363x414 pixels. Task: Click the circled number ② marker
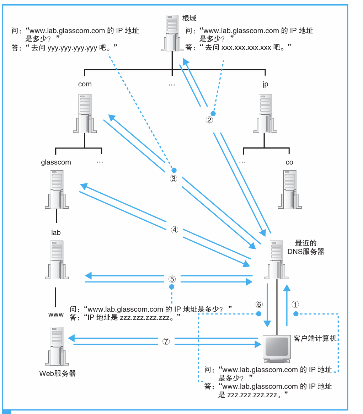click(x=209, y=120)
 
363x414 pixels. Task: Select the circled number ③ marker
click(x=174, y=178)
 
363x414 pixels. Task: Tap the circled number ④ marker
click(x=174, y=230)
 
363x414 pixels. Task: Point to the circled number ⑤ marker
click(x=172, y=278)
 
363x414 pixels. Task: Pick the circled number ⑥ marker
click(x=259, y=305)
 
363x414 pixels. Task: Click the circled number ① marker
click(x=295, y=305)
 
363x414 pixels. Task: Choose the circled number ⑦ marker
click(x=166, y=342)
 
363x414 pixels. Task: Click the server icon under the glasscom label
click(x=57, y=189)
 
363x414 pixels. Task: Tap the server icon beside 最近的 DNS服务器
click(x=277, y=259)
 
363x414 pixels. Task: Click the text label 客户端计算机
click(x=315, y=338)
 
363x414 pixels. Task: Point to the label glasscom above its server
click(x=56, y=162)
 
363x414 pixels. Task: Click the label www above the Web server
click(x=56, y=314)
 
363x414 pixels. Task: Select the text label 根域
click(x=189, y=18)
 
